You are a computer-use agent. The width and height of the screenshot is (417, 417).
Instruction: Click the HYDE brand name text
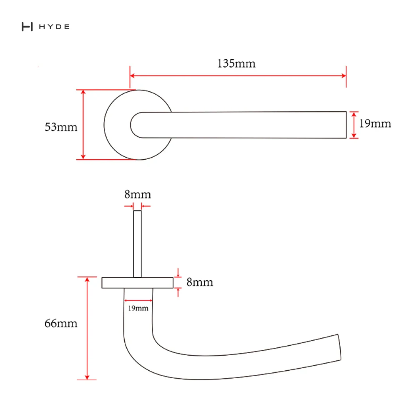(54, 27)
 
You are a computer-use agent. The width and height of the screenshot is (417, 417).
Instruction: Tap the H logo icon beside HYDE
(27, 27)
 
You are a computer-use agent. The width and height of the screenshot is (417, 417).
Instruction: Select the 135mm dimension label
(236, 63)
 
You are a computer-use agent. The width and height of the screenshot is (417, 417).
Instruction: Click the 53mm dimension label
(61, 127)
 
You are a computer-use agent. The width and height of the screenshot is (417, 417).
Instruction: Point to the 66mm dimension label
(61, 324)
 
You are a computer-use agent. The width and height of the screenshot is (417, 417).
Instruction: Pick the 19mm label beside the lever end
(375, 123)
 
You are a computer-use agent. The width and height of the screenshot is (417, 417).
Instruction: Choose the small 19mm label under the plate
(138, 308)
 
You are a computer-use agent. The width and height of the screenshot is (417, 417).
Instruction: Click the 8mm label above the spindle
(138, 194)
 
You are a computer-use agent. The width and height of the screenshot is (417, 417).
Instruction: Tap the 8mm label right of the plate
(200, 282)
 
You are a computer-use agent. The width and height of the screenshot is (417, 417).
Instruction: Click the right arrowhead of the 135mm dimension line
(344, 76)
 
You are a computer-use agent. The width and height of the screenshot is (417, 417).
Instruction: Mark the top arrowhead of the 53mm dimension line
(83, 92)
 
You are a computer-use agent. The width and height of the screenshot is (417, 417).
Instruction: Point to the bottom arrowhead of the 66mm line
(87, 377)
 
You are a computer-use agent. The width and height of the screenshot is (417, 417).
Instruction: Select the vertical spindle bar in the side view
(138, 244)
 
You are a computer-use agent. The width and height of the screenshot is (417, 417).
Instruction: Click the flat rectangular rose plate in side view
(138, 283)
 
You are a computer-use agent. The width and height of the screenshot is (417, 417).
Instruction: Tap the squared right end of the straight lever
(346, 125)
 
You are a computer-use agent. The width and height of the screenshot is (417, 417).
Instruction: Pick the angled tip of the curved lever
(339, 347)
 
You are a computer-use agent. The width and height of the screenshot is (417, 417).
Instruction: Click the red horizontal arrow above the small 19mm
(138, 301)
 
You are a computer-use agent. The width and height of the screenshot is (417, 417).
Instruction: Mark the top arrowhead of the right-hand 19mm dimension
(354, 114)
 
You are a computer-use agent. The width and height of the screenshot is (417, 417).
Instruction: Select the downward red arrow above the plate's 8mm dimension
(178, 273)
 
